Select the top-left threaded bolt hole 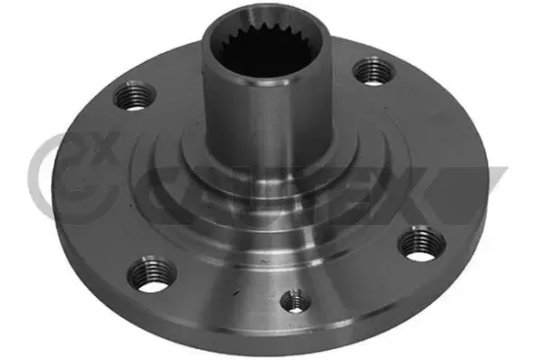[134, 97]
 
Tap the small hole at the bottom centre [291, 300]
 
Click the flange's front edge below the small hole [295, 339]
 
